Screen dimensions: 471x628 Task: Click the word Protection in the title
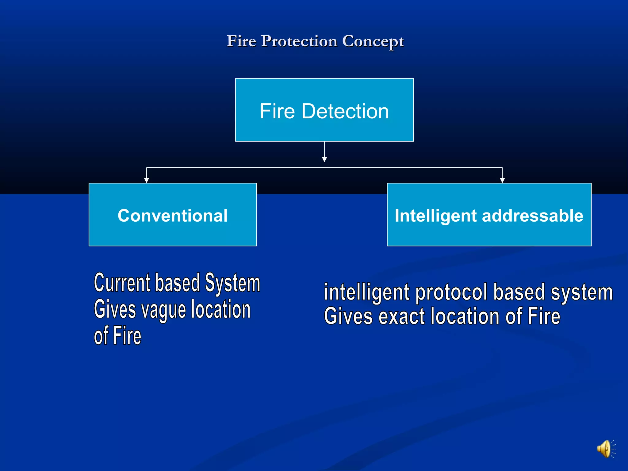tap(299, 41)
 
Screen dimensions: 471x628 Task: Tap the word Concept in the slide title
tap(373, 41)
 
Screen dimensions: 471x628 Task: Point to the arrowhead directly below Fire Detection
tap(324, 159)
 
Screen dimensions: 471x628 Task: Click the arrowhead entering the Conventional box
tap(147, 180)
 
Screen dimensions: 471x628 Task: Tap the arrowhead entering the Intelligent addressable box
tap(502, 180)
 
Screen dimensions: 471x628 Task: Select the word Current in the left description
tap(122, 283)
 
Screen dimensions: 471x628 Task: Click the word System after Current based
tap(232, 283)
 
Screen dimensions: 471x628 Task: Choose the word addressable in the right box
tap(532, 216)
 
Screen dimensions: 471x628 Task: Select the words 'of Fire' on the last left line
tap(117, 336)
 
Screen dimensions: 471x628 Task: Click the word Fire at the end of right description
tap(544, 316)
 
